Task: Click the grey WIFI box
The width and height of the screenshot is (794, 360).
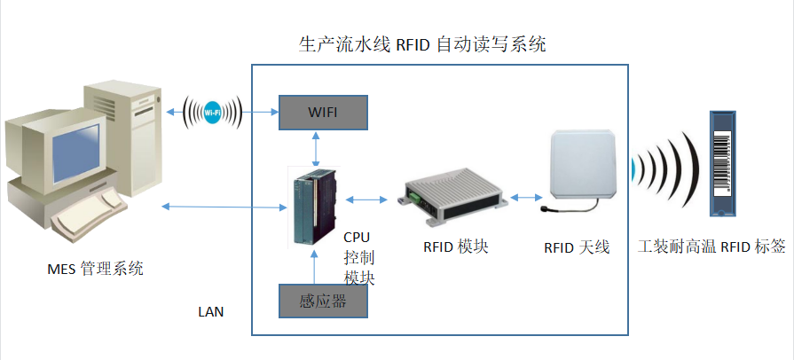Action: coord(323,113)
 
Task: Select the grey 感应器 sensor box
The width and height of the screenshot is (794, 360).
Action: coord(323,301)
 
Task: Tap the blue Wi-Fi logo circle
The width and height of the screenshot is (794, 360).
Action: coord(213,113)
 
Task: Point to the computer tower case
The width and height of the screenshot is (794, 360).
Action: coord(124,133)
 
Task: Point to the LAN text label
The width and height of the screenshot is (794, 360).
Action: coord(211,311)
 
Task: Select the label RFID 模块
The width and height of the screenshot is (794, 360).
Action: coord(455,246)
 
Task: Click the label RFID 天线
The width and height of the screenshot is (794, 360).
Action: coord(577,247)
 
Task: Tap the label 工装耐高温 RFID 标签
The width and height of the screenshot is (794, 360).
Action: coord(712,246)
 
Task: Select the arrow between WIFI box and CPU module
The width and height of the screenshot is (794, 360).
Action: coord(317,147)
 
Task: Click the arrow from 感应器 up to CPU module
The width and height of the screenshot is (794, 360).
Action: coord(317,266)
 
